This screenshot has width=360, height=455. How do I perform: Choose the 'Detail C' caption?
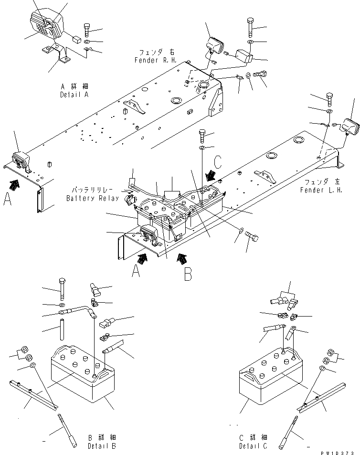(x=254, y=442)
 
